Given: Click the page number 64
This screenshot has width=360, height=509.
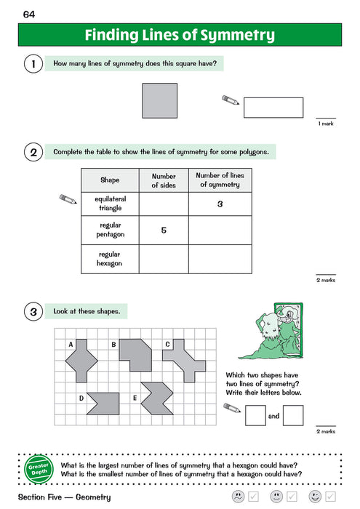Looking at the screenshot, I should (28, 14).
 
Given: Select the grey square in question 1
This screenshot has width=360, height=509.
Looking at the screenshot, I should (159, 100).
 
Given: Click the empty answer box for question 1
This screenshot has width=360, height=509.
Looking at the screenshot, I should (273, 108).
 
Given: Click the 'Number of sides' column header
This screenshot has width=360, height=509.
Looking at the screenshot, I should (164, 180).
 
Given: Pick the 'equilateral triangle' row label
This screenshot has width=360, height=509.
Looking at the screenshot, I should (110, 204).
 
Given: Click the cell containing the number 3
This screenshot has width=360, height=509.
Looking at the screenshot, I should (220, 204).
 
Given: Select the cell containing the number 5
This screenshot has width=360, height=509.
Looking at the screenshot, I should (164, 231).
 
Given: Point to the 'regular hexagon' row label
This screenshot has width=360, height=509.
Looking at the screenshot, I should (110, 258).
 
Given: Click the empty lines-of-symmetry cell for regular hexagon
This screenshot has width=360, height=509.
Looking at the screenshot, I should (220, 258).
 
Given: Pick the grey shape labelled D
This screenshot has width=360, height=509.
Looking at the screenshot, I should (103, 399).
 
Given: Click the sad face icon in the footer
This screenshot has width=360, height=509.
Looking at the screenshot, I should (237, 497).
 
